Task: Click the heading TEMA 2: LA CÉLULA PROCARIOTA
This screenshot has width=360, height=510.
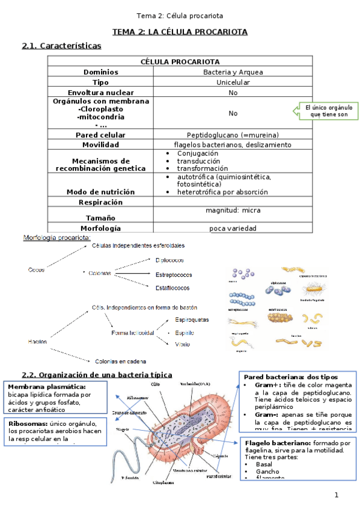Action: click(x=180, y=31)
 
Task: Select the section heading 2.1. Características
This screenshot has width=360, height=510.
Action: click(x=61, y=46)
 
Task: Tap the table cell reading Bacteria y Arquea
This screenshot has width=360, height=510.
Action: click(x=233, y=72)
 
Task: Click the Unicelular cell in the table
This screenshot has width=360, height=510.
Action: click(x=233, y=82)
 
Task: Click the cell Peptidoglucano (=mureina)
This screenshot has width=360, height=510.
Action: click(x=233, y=135)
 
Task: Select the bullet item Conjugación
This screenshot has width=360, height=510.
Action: click(x=197, y=153)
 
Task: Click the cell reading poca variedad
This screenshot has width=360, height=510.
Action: click(x=233, y=228)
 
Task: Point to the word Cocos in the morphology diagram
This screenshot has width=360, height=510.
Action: click(x=36, y=269)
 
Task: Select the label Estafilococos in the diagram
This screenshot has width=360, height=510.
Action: click(x=172, y=287)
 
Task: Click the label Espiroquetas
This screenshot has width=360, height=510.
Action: click(x=192, y=319)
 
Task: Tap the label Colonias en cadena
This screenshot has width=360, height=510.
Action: click(x=121, y=361)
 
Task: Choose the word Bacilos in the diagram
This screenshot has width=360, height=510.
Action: click(x=37, y=341)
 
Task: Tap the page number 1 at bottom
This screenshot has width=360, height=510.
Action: click(x=337, y=495)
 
